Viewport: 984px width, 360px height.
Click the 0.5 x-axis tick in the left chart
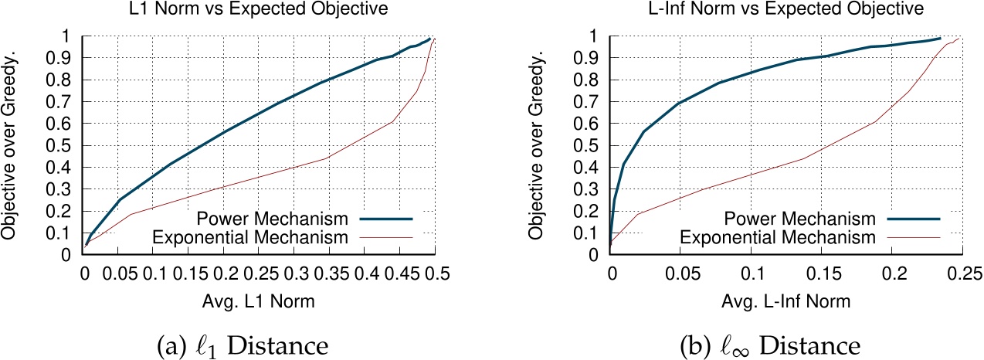(435, 273)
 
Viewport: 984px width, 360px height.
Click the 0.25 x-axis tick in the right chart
(962, 273)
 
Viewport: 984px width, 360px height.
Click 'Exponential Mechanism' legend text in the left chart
(271, 235)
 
